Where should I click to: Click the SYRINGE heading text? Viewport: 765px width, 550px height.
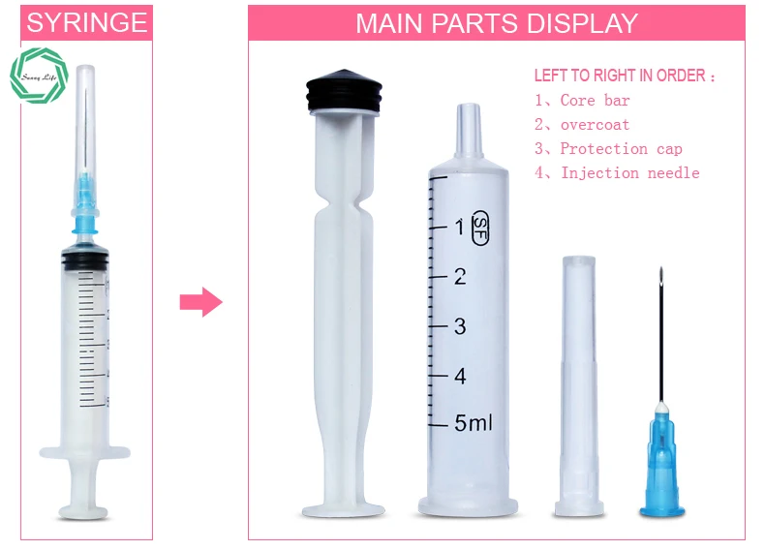tap(87, 22)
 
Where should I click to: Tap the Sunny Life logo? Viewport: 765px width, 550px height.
tap(40, 78)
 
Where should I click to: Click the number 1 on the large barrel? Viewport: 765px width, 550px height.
tap(459, 227)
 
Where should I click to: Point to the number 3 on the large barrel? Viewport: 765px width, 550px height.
tap(459, 326)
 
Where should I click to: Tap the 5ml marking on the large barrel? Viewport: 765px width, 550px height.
tap(474, 423)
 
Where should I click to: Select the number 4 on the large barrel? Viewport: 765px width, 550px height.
tap(460, 375)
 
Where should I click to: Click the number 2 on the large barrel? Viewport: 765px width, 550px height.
tap(459, 277)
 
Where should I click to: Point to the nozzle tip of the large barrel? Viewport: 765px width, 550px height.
tap(469, 121)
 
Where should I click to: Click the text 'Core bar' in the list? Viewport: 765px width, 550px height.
tap(595, 101)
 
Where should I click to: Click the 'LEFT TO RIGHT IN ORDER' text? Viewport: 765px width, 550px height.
tap(625, 76)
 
